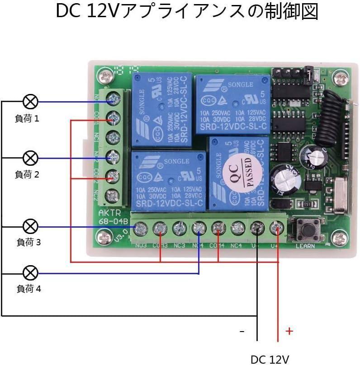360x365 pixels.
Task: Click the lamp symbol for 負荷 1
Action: [x=30, y=102]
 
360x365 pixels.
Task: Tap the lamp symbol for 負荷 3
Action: [x=30, y=226]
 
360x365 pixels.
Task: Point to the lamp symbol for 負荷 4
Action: [x=30, y=273]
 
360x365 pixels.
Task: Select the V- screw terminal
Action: [x=257, y=229]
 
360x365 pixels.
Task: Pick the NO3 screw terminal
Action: [x=141, y=229]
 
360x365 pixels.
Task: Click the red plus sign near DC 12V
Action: [x=289, y=332]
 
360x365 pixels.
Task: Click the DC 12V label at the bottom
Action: [x=270, y=359]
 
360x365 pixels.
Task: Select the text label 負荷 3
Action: [x=28, y=242]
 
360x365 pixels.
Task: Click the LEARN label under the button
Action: [x=305, y=247]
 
